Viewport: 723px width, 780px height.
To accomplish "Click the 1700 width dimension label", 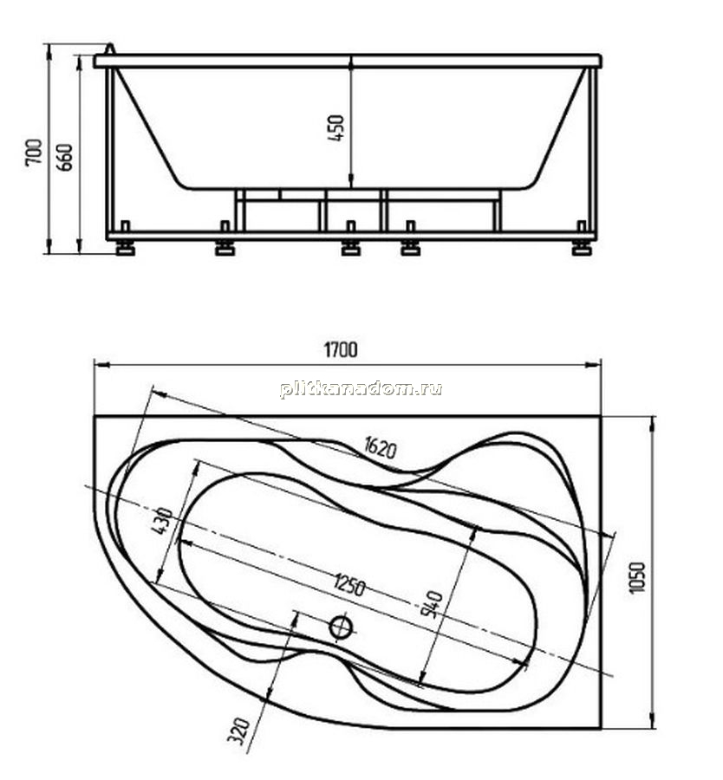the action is coord(341,350).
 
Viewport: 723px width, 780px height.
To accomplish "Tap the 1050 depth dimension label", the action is coord(637,577).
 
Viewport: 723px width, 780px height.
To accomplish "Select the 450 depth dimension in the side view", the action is coord(336,128).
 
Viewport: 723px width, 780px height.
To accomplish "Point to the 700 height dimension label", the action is coord(34,152).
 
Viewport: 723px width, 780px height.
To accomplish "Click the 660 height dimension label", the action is coord(64,157).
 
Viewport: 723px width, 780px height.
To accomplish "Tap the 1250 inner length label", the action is coord(350,584).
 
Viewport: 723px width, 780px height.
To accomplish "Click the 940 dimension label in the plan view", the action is coord(431,603).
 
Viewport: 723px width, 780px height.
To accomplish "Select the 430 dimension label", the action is coord(162,521).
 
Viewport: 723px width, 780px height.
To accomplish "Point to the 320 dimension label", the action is coord(238,731).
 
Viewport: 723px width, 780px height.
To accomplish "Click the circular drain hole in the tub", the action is coord(342,627).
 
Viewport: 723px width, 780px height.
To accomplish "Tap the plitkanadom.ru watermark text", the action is coord(361,389).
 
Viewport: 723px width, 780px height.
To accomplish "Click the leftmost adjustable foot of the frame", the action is coord(124,247).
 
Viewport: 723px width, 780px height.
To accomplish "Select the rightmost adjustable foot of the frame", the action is coord(581,247).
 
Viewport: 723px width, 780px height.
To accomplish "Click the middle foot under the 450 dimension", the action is coord(351,247).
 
